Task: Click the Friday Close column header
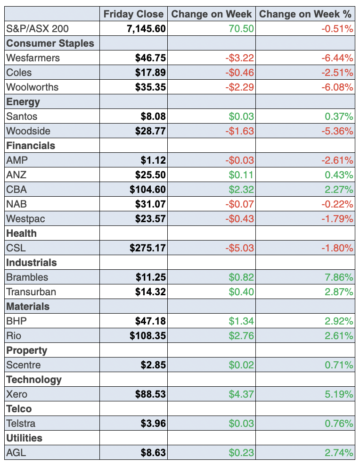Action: tap(133, 14)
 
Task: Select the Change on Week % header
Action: tap(306, 14)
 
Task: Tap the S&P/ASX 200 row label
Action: tap(37, 29)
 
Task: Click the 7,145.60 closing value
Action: tap(146, 29)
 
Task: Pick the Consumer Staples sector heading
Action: tap(50, 43)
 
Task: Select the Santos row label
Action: tap(22, 116)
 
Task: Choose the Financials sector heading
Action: tap(31, 146)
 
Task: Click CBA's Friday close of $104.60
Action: tap(147, 190)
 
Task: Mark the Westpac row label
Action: tap(25, 219)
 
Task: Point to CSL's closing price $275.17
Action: tap(147, 248)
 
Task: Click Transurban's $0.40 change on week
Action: tap(241, 292)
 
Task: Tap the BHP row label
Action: tap(16, 321)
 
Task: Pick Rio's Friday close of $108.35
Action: tap(147, 336)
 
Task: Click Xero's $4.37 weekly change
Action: tap(241, 394)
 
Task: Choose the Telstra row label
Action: tap(21, 424)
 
